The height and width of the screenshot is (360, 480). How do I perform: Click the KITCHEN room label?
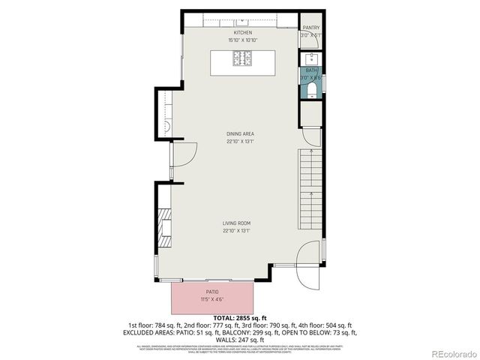coord(242,33)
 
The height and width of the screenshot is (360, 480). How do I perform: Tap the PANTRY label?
coord(310,28)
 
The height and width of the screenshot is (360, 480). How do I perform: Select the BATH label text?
coord(310,70)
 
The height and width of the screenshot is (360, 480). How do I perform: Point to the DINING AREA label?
coord(240,134)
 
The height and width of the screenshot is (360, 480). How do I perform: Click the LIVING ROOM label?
coord(236,223)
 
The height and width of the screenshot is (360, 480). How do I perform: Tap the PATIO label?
coord(212,292)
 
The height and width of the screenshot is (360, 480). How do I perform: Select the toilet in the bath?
coord(311,91)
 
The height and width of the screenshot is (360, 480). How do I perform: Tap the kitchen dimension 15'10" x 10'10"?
coord(242,40)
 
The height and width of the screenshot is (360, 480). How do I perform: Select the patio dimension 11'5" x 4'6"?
coord(212,300)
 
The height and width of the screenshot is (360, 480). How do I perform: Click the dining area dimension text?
coord(240,141)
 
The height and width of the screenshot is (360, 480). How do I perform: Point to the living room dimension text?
coord(236,231)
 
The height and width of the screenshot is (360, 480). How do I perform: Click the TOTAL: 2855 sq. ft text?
coord(240,319)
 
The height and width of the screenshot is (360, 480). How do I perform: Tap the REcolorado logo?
coord(451,353)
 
